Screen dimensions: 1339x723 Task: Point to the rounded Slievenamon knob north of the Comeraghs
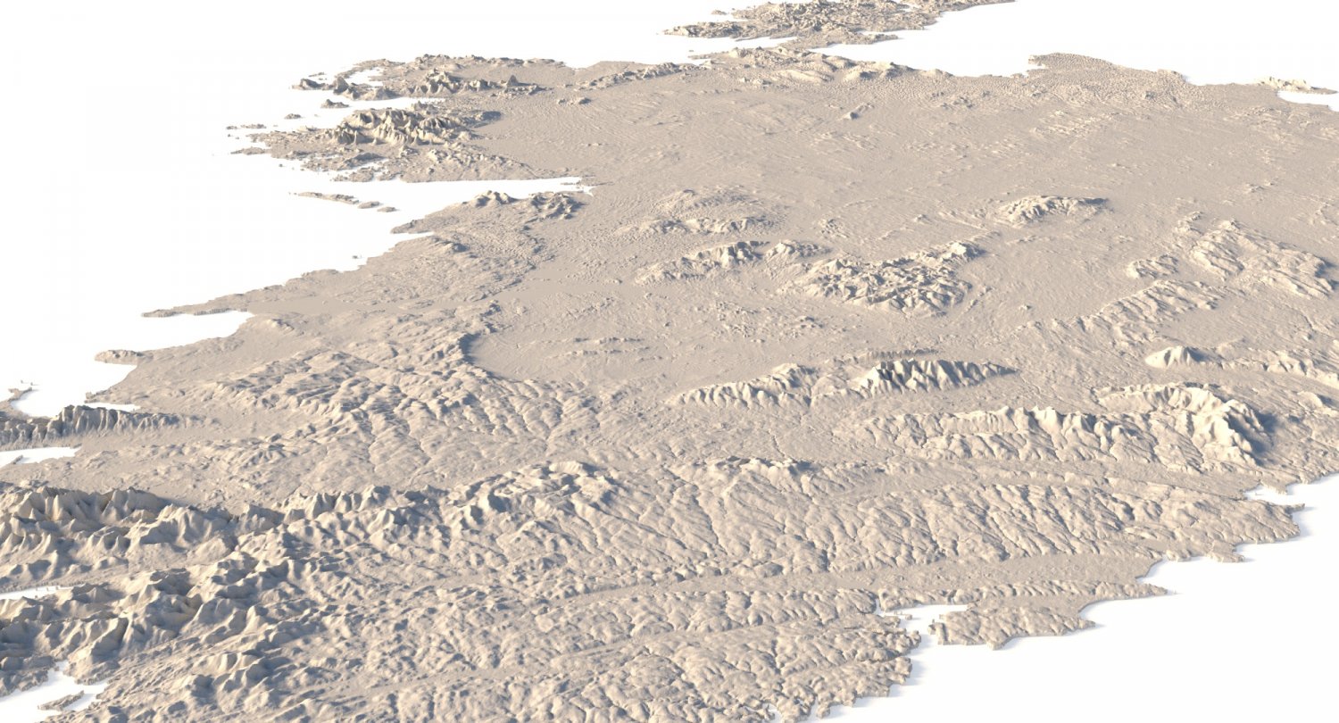1174,357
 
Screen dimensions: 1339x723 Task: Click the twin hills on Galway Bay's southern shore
527,204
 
